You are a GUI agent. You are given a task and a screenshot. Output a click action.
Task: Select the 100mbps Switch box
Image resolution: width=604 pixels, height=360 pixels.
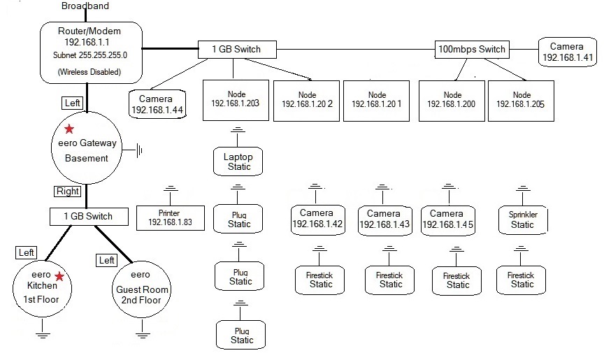[470, 50]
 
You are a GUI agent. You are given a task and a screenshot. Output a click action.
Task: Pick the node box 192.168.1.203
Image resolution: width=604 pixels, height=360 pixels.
[235, 99]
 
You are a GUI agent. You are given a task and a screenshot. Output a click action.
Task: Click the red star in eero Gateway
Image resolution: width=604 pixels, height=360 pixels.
[69, 129]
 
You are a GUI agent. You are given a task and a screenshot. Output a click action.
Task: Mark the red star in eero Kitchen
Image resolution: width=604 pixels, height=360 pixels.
[59, 278]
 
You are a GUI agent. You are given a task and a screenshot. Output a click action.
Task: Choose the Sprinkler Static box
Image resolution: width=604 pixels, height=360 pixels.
[522, 219]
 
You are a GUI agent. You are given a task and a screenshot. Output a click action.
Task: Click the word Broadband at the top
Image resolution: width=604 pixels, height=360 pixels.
[85, 6]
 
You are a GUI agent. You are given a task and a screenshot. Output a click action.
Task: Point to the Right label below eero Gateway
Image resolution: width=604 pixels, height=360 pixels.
[68, 191]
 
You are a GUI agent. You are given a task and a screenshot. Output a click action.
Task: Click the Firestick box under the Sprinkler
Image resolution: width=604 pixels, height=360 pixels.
[522, 279]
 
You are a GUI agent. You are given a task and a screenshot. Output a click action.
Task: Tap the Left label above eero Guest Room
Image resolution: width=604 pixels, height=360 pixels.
[107, 260]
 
